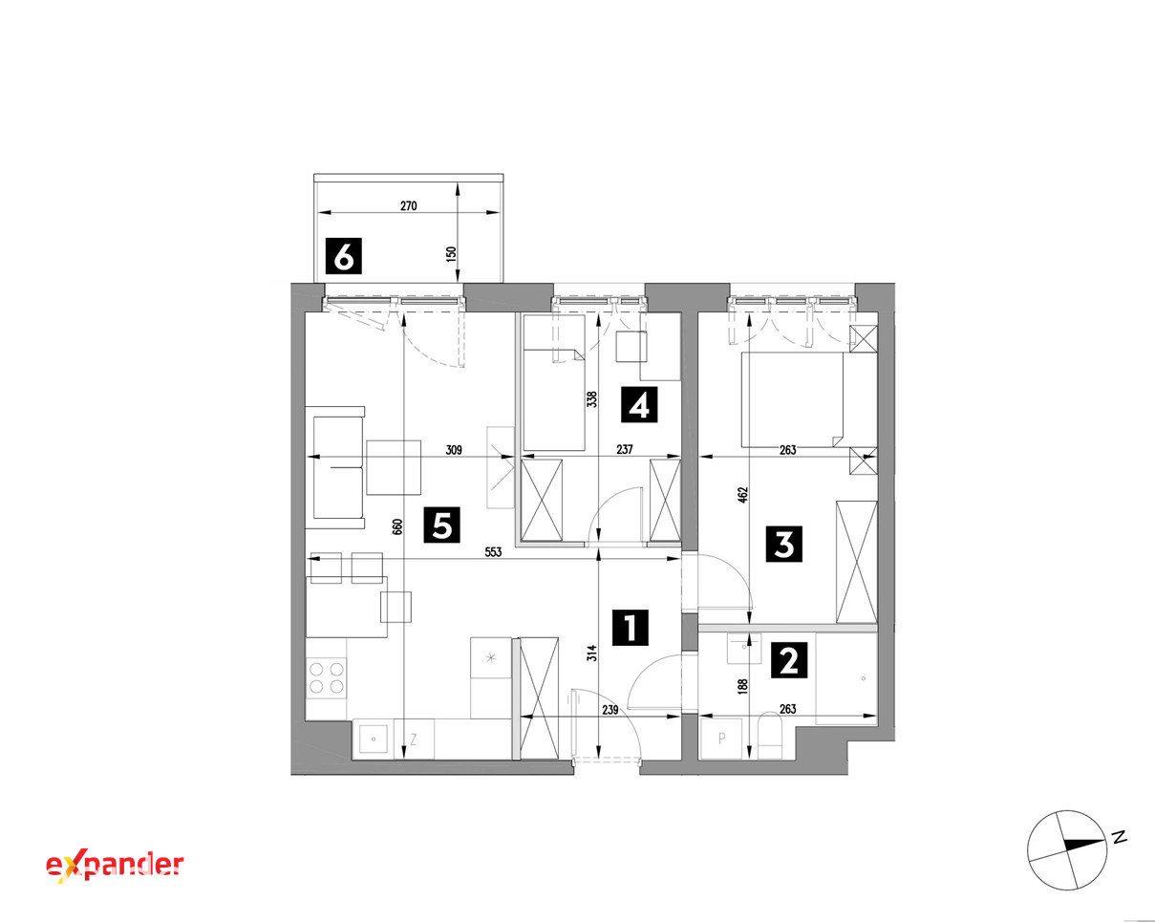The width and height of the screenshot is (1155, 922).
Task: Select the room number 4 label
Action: pos(639,404)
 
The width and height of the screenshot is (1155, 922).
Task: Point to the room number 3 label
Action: pos(784,544)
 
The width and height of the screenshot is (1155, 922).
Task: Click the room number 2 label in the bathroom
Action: pos(789,660)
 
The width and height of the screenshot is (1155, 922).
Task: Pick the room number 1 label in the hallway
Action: pos(631,627)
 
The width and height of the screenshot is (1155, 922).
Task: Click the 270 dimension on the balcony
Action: pos(409,206)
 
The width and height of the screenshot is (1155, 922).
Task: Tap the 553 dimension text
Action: pos(493,551)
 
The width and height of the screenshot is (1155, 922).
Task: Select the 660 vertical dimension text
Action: pos(397,526)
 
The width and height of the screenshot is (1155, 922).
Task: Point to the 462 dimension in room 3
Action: pos(743,494)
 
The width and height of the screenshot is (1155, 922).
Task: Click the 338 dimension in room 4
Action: pos(592,399)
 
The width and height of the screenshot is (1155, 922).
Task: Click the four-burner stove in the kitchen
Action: pos(327,677)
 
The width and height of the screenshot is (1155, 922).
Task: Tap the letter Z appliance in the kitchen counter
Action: pos(414,740)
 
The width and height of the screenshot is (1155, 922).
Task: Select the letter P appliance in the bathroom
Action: pos(722,740)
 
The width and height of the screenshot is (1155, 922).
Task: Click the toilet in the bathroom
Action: pos(771,735)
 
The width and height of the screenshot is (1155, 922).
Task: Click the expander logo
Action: pos(115,867)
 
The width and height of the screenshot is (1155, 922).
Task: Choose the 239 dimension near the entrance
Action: pos(610,710)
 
